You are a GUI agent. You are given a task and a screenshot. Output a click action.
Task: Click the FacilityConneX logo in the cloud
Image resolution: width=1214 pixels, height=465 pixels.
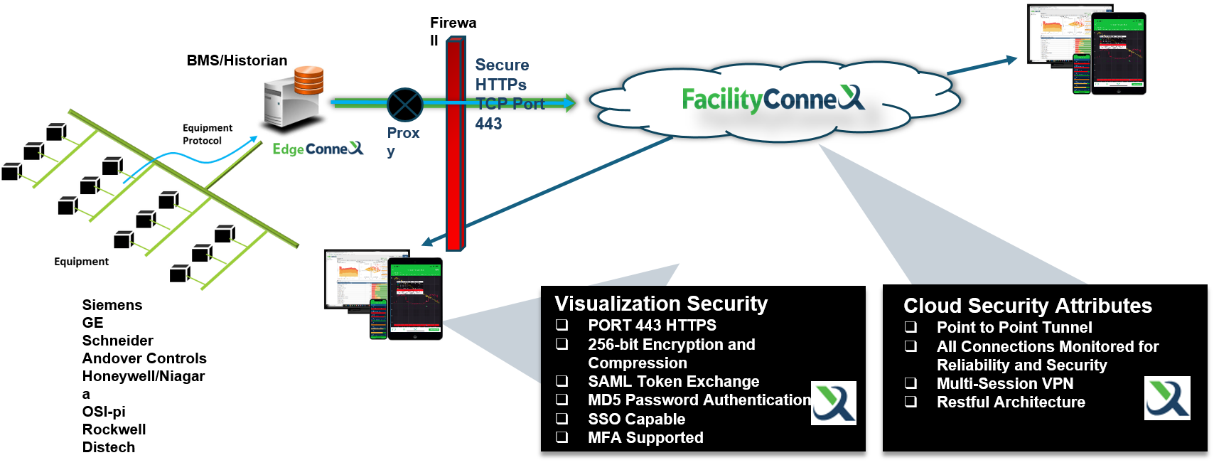click(x=773, y=99)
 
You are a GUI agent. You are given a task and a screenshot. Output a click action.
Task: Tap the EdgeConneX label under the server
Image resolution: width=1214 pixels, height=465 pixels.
click(x=318, y=149)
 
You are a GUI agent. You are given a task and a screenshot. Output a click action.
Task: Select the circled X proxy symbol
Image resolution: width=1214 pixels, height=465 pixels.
click(x=405, y=105)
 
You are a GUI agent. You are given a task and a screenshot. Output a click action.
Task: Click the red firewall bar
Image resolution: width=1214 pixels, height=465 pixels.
click(x=455, y=142)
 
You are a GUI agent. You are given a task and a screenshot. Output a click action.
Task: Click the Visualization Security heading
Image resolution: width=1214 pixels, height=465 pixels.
click(x=661, y=304)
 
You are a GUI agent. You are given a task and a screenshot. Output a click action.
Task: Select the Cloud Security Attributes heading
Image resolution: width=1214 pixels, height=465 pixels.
click(x=1027, y=306)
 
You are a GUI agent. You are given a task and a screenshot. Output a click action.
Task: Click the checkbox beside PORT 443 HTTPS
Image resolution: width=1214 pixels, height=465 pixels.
click(x=562, y=325)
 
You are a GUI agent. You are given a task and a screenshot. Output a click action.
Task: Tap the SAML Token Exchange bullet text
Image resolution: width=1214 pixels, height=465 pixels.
click(x=673, y=382)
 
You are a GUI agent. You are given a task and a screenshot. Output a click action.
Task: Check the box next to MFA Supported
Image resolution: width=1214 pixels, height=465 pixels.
click(x=562, y=437)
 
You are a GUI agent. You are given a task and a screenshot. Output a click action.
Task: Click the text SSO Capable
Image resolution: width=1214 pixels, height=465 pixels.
click(x=636, y=419)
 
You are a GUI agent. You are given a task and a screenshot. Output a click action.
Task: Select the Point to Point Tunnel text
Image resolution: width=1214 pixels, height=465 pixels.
click(x=1014, y=328)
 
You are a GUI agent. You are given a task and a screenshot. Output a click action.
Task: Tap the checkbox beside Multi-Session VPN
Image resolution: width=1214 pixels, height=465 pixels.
click(x=910, y=383)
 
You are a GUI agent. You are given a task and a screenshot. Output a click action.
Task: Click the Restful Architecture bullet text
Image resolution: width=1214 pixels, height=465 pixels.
click(x=1011, y=402)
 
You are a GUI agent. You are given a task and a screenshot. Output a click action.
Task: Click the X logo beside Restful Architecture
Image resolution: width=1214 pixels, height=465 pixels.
click(x=1167, y=398)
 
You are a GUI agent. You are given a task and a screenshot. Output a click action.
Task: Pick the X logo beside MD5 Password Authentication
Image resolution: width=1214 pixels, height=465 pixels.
click(x=834, y=403)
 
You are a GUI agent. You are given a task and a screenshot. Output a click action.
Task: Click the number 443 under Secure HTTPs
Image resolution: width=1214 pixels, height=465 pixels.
click(x=489, y=124)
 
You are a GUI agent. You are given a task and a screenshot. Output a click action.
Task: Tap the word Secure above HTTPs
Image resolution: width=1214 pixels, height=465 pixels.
click(x=502, y=65)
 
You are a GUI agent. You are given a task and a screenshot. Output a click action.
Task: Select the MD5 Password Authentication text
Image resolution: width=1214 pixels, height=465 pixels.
click(x=699, y=400)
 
